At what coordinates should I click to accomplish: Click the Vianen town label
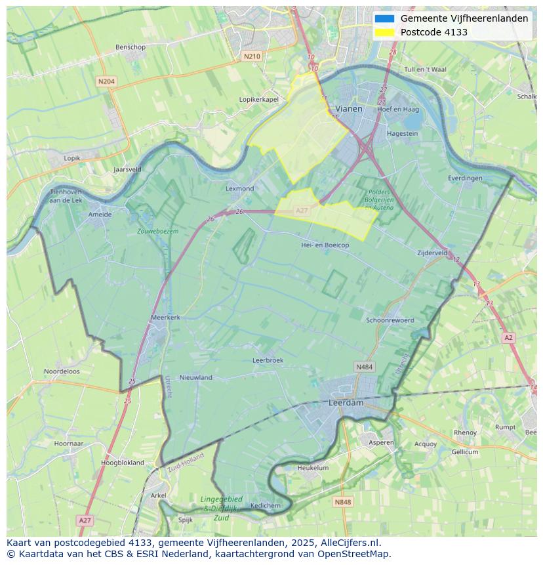point(348,109)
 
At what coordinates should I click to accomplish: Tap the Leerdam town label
point(346,403)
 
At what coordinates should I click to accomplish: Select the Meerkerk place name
point(165,317)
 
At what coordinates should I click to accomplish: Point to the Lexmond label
point(239,188)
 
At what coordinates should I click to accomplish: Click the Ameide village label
point(100,214)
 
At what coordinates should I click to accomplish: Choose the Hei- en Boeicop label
point(325,245)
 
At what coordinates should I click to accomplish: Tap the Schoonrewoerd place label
point(390,320)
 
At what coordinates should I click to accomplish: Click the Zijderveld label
point(432,253)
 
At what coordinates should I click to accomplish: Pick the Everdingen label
point(465,178)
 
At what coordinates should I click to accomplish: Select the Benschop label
point(130,47)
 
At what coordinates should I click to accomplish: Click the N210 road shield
point(251,56)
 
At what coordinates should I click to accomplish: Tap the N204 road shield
point(106,81)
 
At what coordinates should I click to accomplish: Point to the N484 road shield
point(364,366)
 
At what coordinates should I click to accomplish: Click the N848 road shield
point(342,502)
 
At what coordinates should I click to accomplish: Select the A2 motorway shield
point(508,337)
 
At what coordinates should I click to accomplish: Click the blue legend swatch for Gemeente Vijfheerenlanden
point(384,18)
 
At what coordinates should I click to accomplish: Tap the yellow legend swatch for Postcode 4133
point(384,32)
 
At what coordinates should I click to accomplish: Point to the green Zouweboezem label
point(157,231)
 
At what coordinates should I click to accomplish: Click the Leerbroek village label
point(268,360)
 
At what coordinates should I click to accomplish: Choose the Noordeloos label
point(62,371)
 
